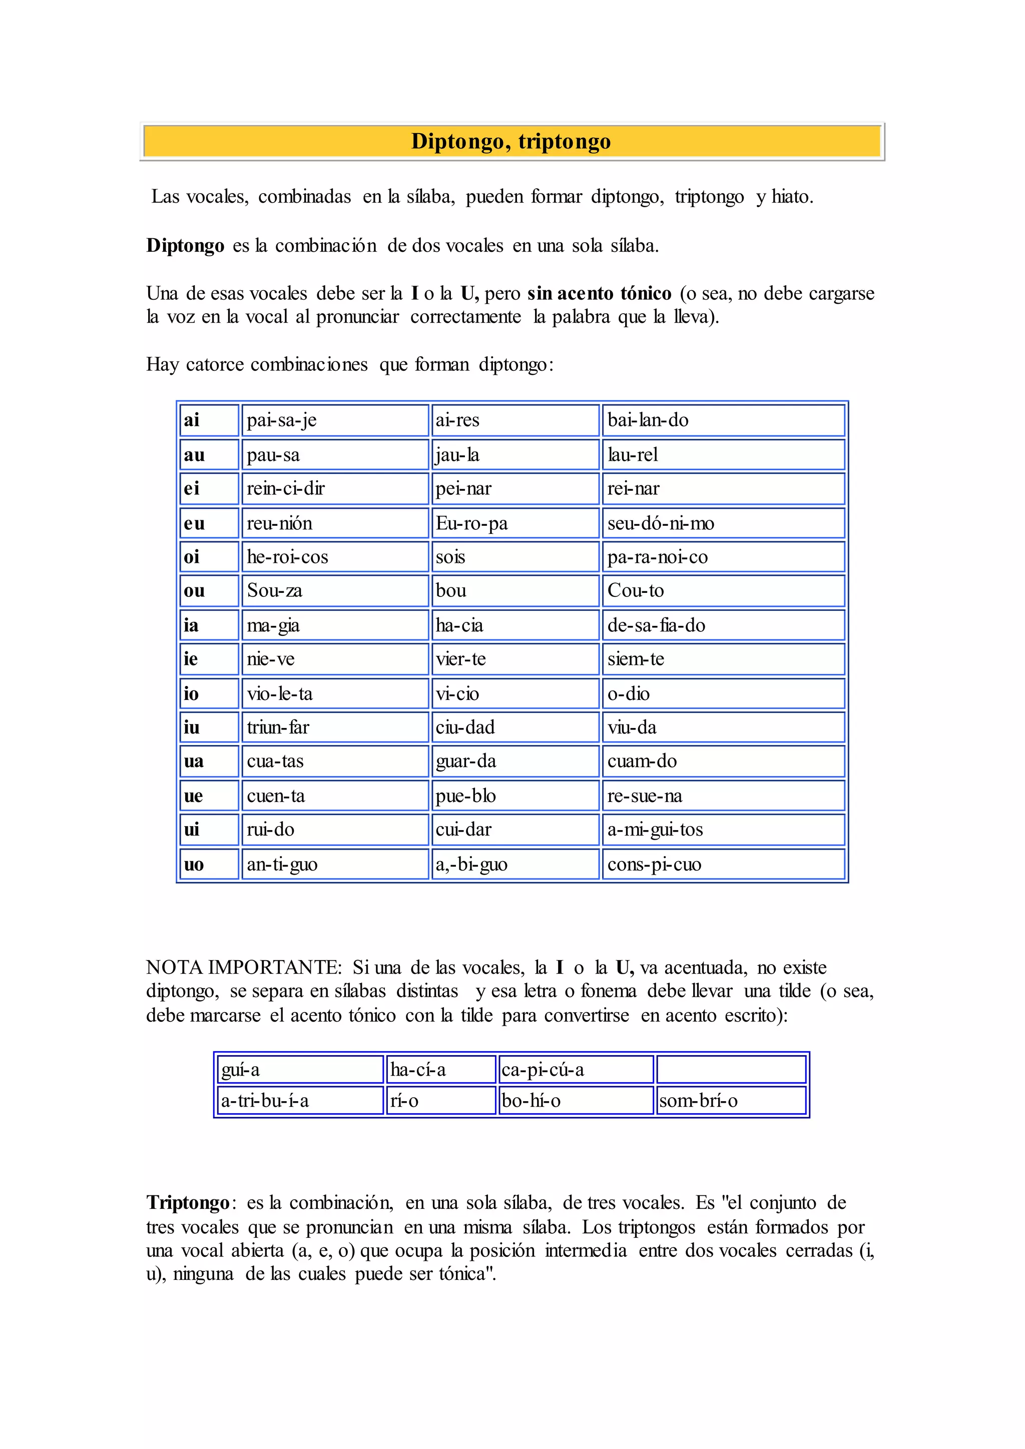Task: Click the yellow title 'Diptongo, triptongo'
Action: (x=511, y=142)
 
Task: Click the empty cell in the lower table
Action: (x=731, y=1070)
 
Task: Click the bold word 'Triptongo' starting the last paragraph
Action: (x=188, y=1202)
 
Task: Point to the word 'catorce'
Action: (x=214, y=365)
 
